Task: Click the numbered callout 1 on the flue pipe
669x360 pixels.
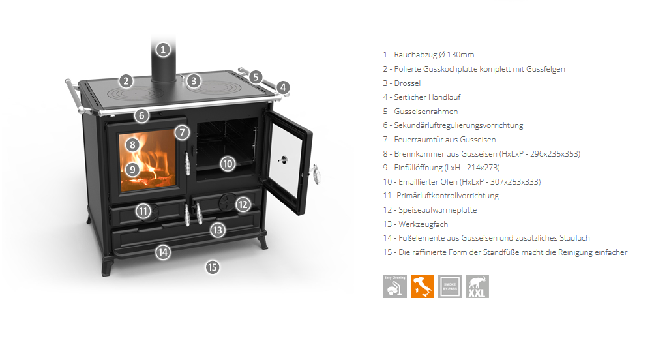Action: tap(162, 50)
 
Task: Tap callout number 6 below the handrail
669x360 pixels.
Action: tap(141, 115)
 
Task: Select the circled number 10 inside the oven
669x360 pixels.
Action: tap(228, 164)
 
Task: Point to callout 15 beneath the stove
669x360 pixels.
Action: tap(213, 267)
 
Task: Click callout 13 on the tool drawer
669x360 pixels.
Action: tap(218, 230)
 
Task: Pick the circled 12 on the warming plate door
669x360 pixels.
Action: tap(243, 205)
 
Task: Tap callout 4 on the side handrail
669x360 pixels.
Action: tap(283, 88)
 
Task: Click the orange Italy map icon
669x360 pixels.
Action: tap(423, 286)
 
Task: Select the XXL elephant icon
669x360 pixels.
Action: tap(477, 286)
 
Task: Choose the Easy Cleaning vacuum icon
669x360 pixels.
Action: tap(394, 286)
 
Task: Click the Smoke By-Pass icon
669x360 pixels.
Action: tap(450, 286)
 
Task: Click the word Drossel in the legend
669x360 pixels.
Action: tap(407, 83)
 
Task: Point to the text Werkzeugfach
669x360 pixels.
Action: tap(423, 224)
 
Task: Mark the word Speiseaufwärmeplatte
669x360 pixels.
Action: tap(438, 210)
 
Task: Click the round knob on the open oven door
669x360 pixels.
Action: tap(282, 160)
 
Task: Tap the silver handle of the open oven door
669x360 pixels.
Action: tap(316, 174)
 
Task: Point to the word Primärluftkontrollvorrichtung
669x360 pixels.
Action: tap(447, 196)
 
